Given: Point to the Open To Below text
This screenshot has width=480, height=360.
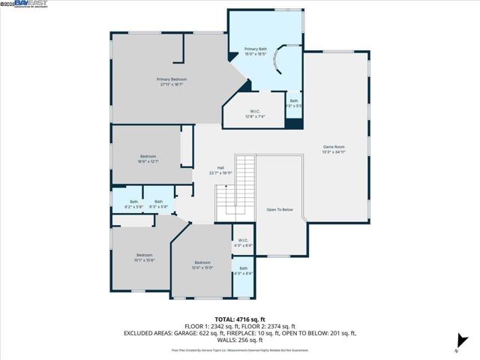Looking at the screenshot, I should (280, 210).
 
